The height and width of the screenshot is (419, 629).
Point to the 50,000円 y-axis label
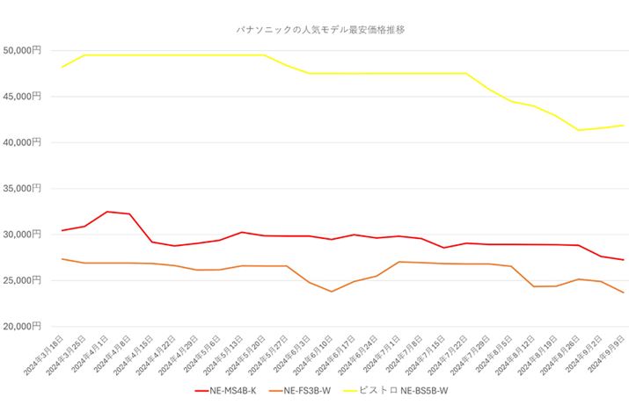click(21, 50)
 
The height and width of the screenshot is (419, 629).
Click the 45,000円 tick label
click(21, 96)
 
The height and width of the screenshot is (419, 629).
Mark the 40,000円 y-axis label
click(21, 141)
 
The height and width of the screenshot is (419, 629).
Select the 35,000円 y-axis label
click(21, 188)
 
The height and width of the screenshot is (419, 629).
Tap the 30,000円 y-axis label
click(21, 234)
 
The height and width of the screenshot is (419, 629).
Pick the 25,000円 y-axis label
click(21, 279)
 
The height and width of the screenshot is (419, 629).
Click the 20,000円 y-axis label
click(21, 326)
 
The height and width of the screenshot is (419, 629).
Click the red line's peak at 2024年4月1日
click(107, 212)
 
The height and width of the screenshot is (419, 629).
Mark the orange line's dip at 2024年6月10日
click(332, 292)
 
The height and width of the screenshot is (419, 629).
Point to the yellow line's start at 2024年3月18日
click(62, 67)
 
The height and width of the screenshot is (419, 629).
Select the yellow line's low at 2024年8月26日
click(578, 130)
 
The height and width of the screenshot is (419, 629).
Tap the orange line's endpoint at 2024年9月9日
click(623, 293)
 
